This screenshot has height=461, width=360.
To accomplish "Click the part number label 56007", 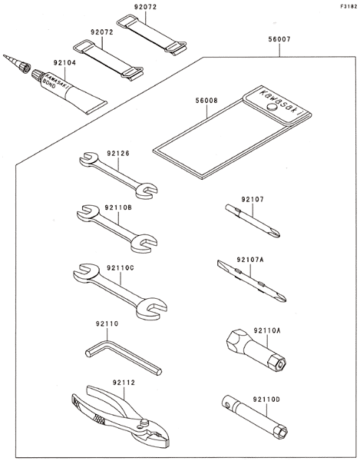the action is (x=279, y=39).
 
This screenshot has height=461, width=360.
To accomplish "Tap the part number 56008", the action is (x=206, y=101).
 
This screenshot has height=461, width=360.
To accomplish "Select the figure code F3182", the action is (x=348, y=6).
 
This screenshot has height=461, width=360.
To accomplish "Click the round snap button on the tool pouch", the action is (x=271, y=107).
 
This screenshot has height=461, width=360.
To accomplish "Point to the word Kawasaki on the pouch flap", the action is (x=280, y=101).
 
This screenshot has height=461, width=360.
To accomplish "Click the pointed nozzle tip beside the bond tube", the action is (x=5, y=55).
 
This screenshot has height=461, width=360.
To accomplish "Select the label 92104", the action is (x=64, y=63).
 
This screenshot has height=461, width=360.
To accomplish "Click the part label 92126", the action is (x=118, y=154).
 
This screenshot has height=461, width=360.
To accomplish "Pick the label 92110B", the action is (x=118, y=207).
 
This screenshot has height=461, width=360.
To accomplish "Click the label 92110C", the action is (x=121, y=268).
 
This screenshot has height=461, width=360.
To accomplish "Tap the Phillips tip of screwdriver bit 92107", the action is (x=276, y=234).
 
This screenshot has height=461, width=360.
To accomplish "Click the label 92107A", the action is (x=250, y=260).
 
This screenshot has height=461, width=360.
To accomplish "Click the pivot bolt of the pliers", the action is (x=144, y=422).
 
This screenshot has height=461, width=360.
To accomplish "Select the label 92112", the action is (x=124, y=383).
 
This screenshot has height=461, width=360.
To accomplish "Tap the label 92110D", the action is (x=266, y=400).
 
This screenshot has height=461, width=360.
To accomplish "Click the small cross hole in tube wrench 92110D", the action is (x=226, y=405).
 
